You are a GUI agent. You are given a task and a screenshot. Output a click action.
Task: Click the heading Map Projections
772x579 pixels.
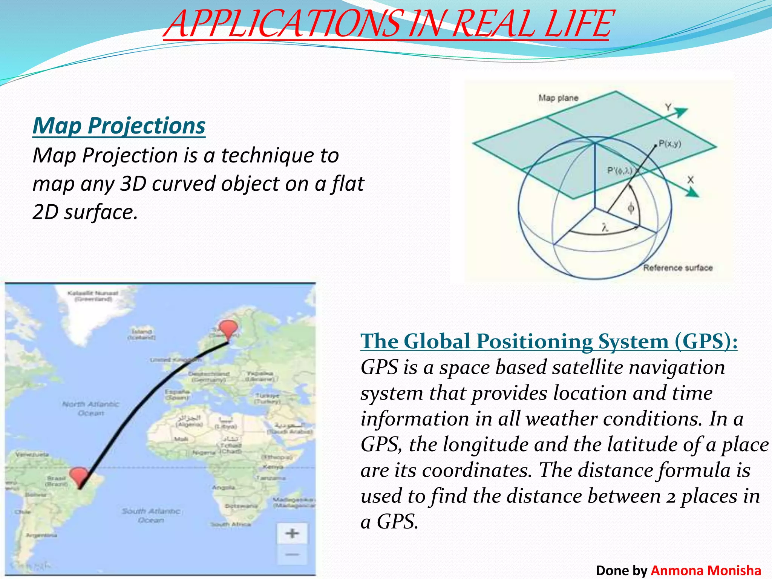pyautogui.click(x=119, y=126)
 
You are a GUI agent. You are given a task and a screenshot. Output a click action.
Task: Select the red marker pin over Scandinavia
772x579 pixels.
pyautogui.click(x=228, y=329)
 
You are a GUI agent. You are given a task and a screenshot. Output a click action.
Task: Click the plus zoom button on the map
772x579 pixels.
pyautogui.click(x=292, y=533)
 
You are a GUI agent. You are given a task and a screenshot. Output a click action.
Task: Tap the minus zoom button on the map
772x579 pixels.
pyautogui.click(x=292, y=554)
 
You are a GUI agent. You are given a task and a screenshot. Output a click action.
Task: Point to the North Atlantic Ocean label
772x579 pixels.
pyautogui.click(x=91, y=409)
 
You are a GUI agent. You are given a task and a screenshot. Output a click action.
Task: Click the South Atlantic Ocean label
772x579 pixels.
pyautogui.click(x=151, y=515)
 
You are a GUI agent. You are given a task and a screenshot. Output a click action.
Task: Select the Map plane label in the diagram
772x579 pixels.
pyautogui.click(x=558, y=98)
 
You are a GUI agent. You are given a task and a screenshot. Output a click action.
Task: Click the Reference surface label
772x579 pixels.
pyautogui.click(x=677, y=268)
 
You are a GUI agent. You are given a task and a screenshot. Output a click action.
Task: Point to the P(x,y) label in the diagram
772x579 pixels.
pyautogui.click(x=670, y=144)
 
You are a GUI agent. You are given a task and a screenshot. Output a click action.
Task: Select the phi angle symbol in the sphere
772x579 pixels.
pyautogui.click(x=631, y=208)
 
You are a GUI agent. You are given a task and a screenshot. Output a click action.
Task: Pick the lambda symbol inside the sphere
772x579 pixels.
pyautogui.click(x=605, y=228)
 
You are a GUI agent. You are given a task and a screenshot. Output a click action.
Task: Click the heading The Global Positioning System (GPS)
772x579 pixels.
pyautogui.click(x=548, y=342)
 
